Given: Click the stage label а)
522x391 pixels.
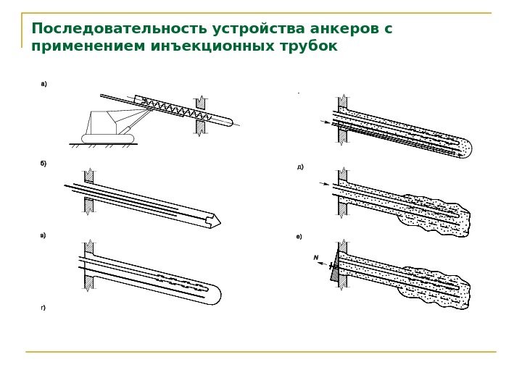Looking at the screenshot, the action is (x=43, y=85).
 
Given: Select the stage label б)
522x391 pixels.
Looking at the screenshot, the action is (x=43, y=164).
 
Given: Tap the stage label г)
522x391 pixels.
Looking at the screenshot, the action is (x=43, y=308).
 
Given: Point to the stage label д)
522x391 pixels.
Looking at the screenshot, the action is (x=300, y=167).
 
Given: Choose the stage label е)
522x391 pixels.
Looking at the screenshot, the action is (x=299, y=237).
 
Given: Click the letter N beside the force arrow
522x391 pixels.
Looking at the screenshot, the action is (x=316, y=258).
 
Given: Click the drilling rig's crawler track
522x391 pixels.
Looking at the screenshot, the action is (x=107, y=138).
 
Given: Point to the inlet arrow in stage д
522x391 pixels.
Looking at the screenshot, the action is (x=324, y=185).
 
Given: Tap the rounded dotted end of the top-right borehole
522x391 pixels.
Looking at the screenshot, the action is (x=465, y=149).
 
